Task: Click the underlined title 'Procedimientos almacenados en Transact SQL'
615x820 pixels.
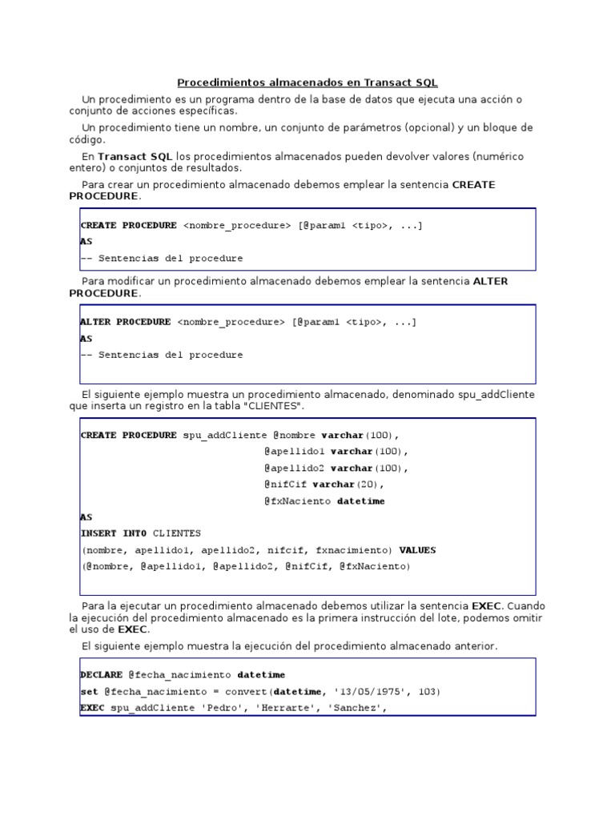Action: pos(307,82)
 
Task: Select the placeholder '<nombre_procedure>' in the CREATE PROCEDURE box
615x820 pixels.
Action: pos(237,226)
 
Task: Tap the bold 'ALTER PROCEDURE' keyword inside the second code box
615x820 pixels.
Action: pos(125,322)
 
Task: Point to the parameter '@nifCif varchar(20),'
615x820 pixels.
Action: pos(324,484)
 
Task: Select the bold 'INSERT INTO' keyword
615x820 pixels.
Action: pos(113,533)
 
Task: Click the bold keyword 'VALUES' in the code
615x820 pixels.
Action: pos(417,550)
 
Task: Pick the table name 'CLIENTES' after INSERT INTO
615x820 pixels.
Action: pos(177,533)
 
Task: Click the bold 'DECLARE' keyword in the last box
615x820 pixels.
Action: pos(101,675)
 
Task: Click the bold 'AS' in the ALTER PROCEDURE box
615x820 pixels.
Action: pos(86,339)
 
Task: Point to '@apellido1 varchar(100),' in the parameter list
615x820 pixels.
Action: pos(336,452)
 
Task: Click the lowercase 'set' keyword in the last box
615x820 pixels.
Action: pos(89,692)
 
